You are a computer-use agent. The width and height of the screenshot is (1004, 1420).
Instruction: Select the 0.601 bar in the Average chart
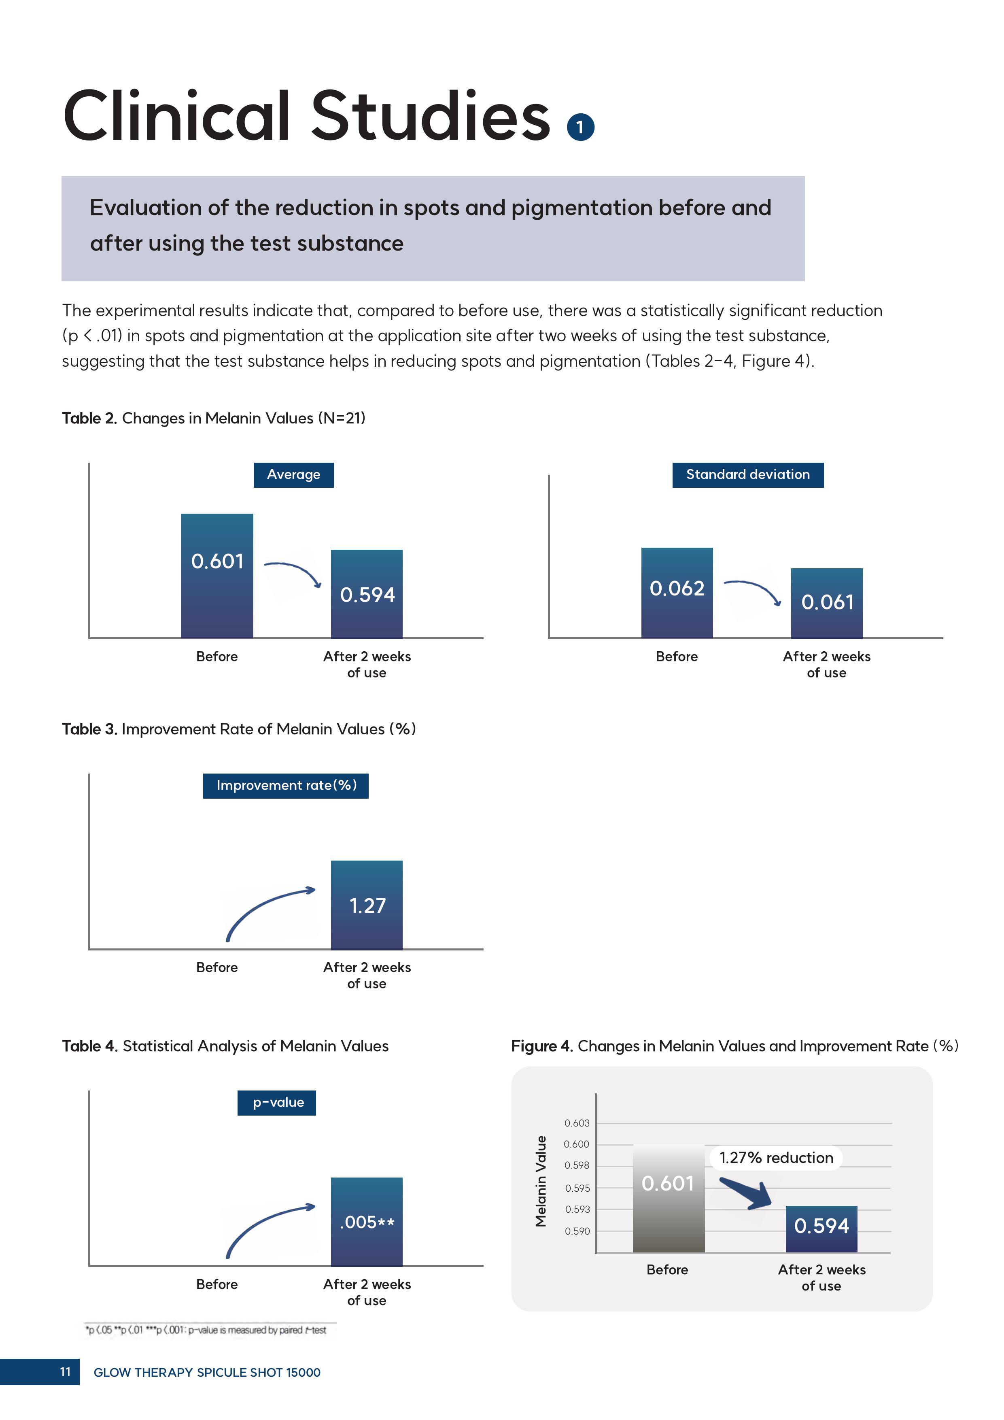tap(217, 575)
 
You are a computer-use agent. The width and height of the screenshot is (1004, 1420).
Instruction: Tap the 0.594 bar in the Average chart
tap(367, 594)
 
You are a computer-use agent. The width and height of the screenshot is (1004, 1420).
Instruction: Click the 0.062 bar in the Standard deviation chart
tap(677, 593)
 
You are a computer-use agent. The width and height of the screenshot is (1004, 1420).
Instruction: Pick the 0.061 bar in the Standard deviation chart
tap(827, 603)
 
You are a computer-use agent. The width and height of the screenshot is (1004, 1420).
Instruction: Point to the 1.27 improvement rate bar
tap(367, 904)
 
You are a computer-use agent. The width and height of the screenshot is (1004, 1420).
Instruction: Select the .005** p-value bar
tap(367, 1222)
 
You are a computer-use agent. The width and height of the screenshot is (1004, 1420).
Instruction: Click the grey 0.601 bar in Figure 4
tap(668, 1198)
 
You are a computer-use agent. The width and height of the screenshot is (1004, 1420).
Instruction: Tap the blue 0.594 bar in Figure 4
tap(821, 1229)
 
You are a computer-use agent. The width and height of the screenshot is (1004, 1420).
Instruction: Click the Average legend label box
tap(294, 475)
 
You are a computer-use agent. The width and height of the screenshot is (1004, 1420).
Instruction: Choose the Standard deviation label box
tap(748, 475)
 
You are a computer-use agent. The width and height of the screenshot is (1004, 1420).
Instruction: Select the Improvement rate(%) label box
tap(286, 785)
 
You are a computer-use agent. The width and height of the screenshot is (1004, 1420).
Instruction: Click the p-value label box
tap(276, 1103)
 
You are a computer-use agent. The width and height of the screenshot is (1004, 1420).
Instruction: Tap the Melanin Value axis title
tap(541, 1181)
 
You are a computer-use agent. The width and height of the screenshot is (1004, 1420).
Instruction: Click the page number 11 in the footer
tap(65, 1372)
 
